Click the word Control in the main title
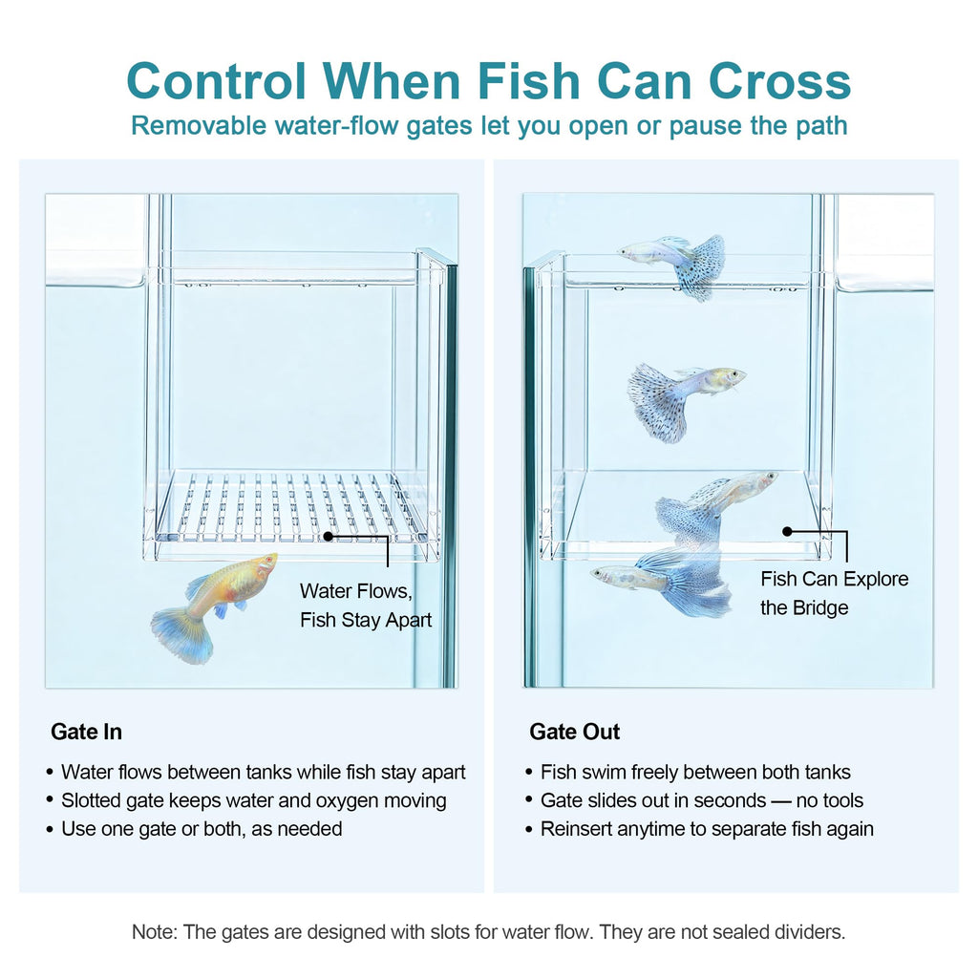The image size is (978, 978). pyautogui.click(x=216, y=81)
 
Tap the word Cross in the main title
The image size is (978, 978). pyautogui.click(x=779, y=81)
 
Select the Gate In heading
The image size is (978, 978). pyautogui.click(x=86, y=732)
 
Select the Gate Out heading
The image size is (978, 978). pyautogui.click(x=574, y=732)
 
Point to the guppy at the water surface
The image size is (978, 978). pyautogui.click(x=673, y=266)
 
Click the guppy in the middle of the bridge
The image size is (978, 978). pyautogui.click(x=685, y=401)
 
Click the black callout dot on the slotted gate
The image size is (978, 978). pyautogui.click(x=329, y=536)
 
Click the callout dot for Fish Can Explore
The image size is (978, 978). pyautogui.click(x=787, y=531)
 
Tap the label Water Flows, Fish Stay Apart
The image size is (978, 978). pyautogui.click(x=366, y=605)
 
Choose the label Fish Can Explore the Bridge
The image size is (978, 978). pyautogui.click(x=834, y=593)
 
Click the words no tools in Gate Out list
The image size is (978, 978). pyautogui.click(x=830, y=800)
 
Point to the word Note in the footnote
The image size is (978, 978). pyautogui.click(x=154, y=932)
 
